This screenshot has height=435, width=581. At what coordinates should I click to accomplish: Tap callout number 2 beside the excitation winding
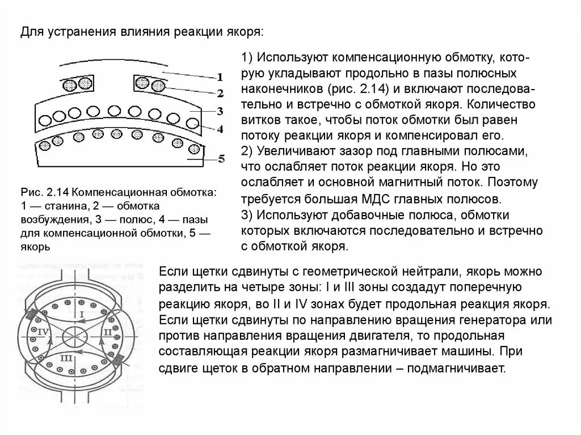point(220,92)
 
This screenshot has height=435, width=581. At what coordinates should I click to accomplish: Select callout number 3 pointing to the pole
point(220,111)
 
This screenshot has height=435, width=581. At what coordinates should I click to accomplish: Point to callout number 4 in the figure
point(220,129)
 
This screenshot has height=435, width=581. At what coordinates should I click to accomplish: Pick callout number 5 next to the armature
point(221,159)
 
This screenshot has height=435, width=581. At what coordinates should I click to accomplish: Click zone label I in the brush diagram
point(81,314)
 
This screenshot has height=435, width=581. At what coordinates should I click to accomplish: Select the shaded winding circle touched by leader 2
point(158,86)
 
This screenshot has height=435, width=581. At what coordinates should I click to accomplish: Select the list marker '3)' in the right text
point(247,215)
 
